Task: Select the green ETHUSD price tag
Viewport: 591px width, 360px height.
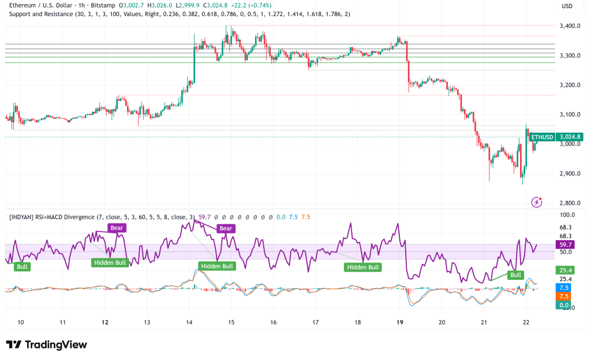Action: click(542, 137)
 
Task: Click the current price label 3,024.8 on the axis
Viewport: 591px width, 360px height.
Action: click(569, 137)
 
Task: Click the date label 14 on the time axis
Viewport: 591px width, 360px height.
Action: click(189, 323)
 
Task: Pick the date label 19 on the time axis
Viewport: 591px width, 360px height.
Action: click(399, 323)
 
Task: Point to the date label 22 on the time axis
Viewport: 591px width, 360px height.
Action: click(526, 323)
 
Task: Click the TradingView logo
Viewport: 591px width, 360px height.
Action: click(47, 344)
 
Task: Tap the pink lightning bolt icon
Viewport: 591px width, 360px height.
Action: click(537, 202)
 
